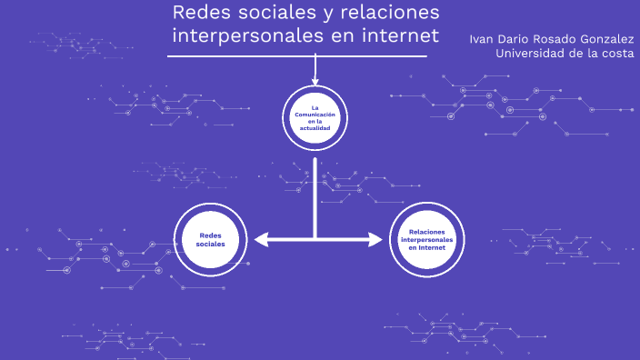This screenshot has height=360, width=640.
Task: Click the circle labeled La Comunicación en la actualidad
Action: click(x=315, y=117)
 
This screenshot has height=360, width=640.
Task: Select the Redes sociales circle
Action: click(x=210, y=239)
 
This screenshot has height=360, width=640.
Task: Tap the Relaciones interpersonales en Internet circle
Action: click(x=425, y=239)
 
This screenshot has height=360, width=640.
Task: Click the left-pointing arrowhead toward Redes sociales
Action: click(x=262, y=240)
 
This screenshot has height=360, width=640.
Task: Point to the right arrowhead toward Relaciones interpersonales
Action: click(x=375, y=240)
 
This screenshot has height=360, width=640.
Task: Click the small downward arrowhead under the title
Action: click(x=315, y=82)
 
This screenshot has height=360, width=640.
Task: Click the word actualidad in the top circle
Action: click(x=315, y=128)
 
